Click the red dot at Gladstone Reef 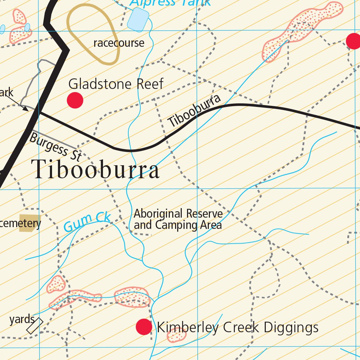pyautogui.click(x=75, y=100)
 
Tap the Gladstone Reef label pyautogui.click(x=116, y=84)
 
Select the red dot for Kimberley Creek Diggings pyautogui.click(x=144, y=327)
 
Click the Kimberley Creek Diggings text pyautogui.click(x=238, y=328)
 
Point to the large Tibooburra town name pyautogui.click(x=95, y=170)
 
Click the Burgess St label pyautogui.click(x=55, y=147)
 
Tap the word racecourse pyautogui.click(x=119, y=43)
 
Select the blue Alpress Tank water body pyautogui.click(x=138, y=19)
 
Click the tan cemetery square pyautogui.click(x=30, y=223)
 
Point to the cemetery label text pyautogui.click(x=20, y=224)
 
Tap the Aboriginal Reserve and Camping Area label pyautogui.click(x=178, y=219)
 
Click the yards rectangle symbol pyautogui.click(x=35, y=326)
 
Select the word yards pyautogui.click(x=22, y=320)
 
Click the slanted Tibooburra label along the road pyautogui.click(x=194, y=111)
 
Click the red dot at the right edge pyautogui.click(x=353, y=41)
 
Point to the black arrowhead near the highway pyautogui.click(x=26, y=109)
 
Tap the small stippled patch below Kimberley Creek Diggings pyautogui.click(x=176, y=335)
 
